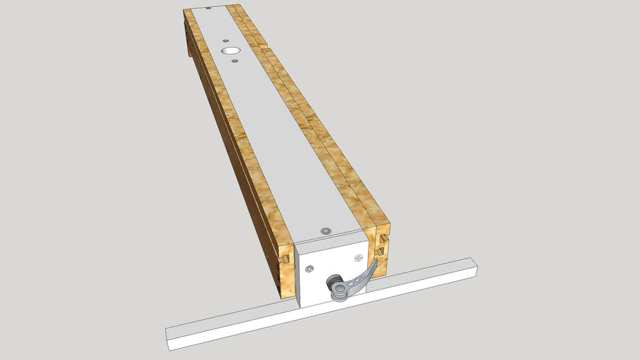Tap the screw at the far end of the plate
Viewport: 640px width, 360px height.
[x=209, y=8]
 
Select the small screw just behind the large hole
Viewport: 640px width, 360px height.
[x=225, y=41]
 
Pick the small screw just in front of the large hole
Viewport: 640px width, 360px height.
[x=236, y=62]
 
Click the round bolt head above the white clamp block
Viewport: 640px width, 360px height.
[x=326, y=231]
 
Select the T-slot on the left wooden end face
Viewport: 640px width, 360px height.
[x=285, y=259]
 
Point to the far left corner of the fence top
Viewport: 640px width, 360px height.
[x=184, y=11]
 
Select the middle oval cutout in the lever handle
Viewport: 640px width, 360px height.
[x=358, y=281]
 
